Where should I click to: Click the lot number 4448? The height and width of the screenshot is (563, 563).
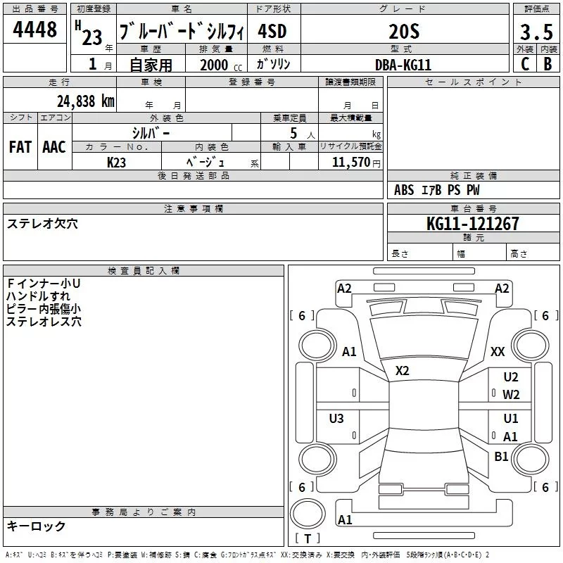pyautogui.click(x=34, y=29)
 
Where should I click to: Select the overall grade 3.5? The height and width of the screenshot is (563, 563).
pyautogui.click(x=536, y=32)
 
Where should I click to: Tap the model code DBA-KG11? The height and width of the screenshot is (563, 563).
pyautogui.click(x=403, y=65)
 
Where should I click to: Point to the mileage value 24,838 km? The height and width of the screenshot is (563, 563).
pyautogui.click(x=86, y=101)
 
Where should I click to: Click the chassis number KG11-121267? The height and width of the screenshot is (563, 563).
pyautogui.click(x=472, y=224)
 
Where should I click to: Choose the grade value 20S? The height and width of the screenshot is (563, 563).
pyautogui.click(x=404, y=32)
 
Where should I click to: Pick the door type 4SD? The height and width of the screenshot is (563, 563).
pyautogui.click(x=272, y=32)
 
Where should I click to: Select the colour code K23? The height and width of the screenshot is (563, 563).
pyautogui.click(x=116, y=163)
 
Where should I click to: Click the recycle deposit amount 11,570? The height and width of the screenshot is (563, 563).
pyautogui.click(x=351, y=163)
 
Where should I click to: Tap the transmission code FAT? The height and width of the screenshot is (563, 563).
pyautogui.click(x=20, y=147)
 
